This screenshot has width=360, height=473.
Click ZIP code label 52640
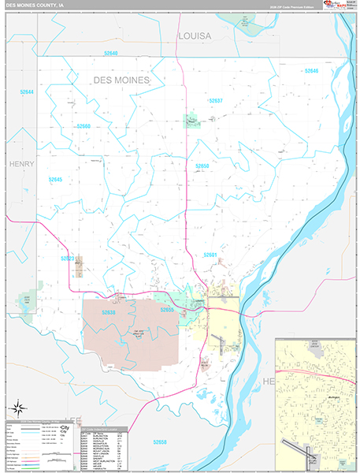pos(109,54)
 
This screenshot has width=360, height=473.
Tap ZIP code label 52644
pos(28,92)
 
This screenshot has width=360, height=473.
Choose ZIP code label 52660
pos(84,126)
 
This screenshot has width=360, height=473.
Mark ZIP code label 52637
pos(215,101)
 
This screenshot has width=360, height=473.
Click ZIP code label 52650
pos(202,166)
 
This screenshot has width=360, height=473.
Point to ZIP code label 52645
pos(55,180)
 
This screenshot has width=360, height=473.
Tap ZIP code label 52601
pos(210,255)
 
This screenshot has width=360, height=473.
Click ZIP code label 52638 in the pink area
pos(109,313)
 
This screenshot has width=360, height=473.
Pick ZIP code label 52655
pos(166,310)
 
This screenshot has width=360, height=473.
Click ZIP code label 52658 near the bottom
pos(160,441)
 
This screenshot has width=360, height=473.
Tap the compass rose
pos(17,408)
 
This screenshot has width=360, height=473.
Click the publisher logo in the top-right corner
pos(335,9)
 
